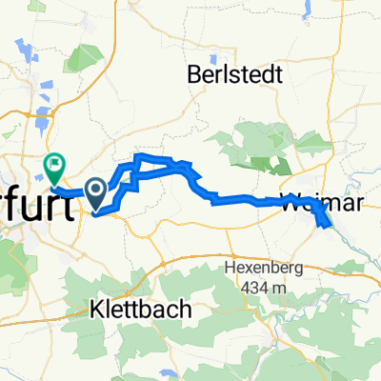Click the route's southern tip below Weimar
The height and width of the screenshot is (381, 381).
pos(329,226)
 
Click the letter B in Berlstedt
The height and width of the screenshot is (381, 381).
pos(193,72)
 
